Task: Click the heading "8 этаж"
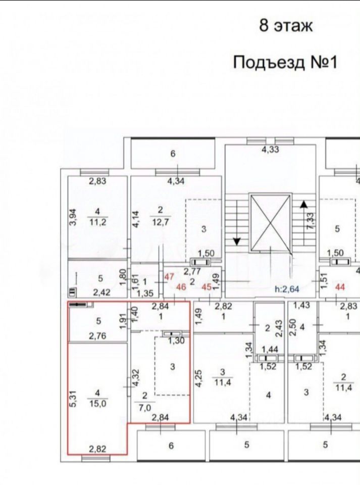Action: [x=286, y=26]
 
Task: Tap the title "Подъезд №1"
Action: [x=285, y=63]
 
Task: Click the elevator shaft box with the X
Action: [x=271, y=222]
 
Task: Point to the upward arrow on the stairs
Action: [x=303, y=204]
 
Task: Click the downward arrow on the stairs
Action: [x=236, y=240]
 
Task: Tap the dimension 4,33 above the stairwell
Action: [x=270, y=150]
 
